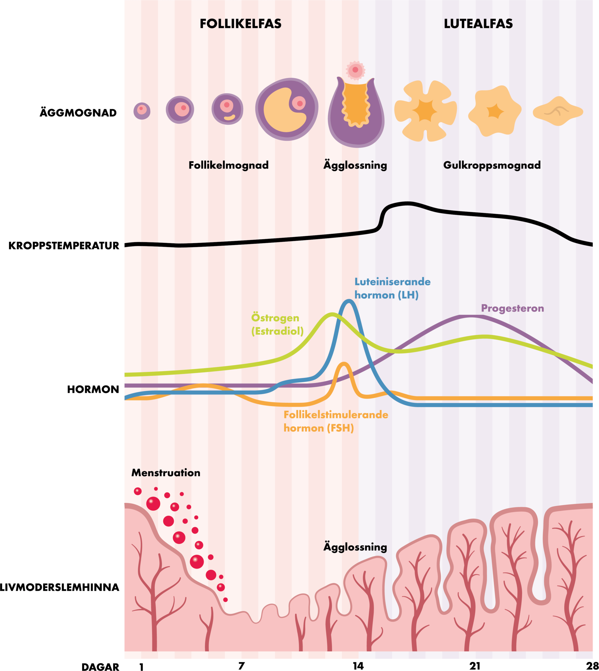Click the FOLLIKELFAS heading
pos(241,24)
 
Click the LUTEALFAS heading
pos(478,24)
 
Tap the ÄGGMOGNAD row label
pos(78,113)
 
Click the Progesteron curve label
pos(512,308)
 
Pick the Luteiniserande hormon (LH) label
pos(392,288)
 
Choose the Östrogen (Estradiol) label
pos(277,324)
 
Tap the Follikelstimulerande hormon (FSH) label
pos(336,421)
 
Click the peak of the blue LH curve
pos(348,301)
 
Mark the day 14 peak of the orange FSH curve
pos(344,363)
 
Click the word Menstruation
pos(165,473)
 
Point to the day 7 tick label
pos(241,666)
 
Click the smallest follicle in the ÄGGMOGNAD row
pos(142,111)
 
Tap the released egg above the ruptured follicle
pos(355,70)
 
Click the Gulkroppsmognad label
pos(492,165)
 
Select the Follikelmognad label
pos(228,165)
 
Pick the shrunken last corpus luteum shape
pos(558,111)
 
